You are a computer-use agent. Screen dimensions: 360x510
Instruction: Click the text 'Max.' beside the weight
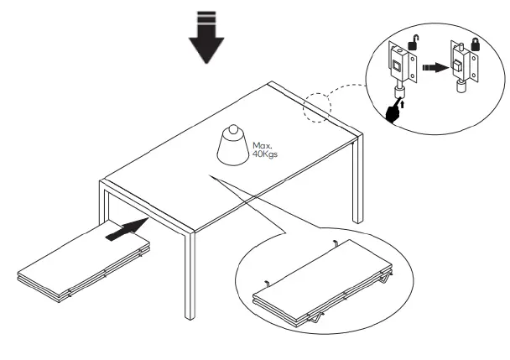[262, 146]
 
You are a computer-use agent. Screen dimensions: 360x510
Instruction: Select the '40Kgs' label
[264, 156]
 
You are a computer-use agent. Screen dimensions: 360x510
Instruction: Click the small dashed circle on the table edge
[316, 107]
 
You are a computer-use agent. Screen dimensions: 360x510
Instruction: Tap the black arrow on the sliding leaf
[125, 229]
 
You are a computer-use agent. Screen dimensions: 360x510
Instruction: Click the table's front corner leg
[192, 277]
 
